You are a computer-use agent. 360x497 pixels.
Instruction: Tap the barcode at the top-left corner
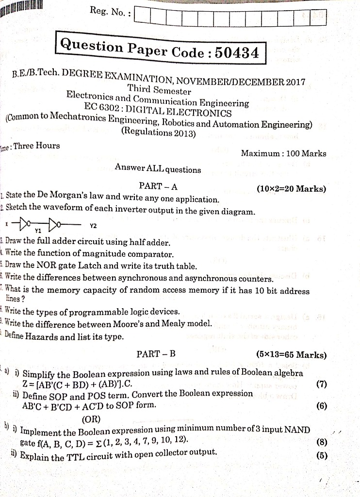point(22,8)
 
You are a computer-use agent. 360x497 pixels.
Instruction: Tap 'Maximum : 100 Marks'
point(283,153)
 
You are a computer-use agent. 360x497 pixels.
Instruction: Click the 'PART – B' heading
point(156,354)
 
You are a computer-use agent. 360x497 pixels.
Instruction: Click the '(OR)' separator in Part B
point(92,418)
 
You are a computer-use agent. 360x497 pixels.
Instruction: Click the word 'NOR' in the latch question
point(53,266)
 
